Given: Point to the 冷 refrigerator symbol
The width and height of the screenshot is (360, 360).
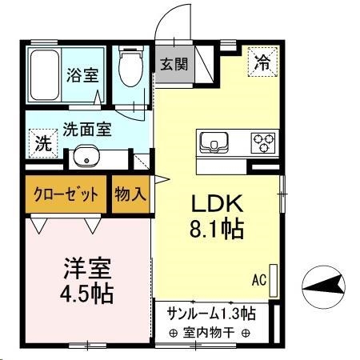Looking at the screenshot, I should pos(261,61).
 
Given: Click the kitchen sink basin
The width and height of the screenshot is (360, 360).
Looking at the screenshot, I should pos(214,144).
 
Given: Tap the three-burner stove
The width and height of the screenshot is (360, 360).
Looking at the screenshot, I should pos(262,143).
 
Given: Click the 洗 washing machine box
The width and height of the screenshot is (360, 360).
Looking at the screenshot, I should pos(40,145).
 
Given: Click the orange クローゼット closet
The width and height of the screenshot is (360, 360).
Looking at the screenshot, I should pos(67,194).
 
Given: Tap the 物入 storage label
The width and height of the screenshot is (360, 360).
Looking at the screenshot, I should pos(130,194).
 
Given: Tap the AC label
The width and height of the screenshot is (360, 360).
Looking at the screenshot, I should pos(258,280).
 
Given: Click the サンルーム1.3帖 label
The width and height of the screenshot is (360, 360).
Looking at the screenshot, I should pos(211,312).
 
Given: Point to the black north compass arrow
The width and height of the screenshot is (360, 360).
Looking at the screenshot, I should pos(324,284).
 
